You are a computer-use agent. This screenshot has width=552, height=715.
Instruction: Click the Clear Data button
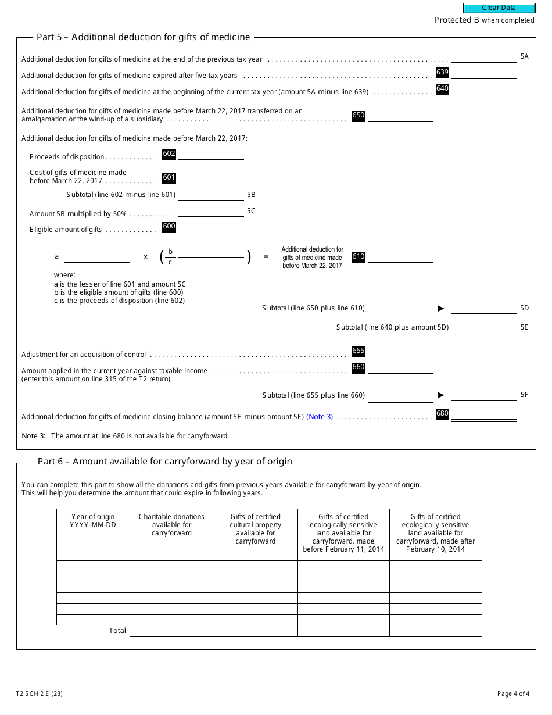point(499,8)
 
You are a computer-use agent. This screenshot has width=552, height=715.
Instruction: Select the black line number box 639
point(442,73)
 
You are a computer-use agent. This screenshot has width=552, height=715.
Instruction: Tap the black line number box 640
point(442,89)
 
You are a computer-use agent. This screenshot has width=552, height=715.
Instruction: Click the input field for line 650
point(400,116)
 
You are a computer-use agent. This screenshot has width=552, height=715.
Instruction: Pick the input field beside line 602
point(211,155)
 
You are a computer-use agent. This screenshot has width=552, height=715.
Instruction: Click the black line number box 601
point(169,178)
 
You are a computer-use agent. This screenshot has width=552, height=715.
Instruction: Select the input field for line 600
point(211,228)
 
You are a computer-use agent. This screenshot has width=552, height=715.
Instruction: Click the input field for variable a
point(97,257)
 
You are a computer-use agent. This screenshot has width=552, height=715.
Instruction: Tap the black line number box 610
point(359,257)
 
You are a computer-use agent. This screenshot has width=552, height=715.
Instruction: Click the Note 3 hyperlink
point(320,417)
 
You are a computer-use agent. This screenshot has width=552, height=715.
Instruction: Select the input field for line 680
point(484,414)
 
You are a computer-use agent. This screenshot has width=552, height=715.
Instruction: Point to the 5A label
point(524,56)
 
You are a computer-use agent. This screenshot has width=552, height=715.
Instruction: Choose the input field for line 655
point(400,352)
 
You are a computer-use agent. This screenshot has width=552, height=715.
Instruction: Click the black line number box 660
point(359,367)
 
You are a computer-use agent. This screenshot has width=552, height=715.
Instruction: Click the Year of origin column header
point(93,521)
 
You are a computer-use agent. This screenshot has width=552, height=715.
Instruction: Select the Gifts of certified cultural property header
point(256,529)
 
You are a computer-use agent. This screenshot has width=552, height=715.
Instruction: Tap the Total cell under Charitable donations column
point(171,631)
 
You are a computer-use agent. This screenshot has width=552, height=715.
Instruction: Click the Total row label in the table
point(117,631)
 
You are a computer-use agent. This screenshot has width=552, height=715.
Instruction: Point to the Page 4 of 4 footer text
point(513,693)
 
